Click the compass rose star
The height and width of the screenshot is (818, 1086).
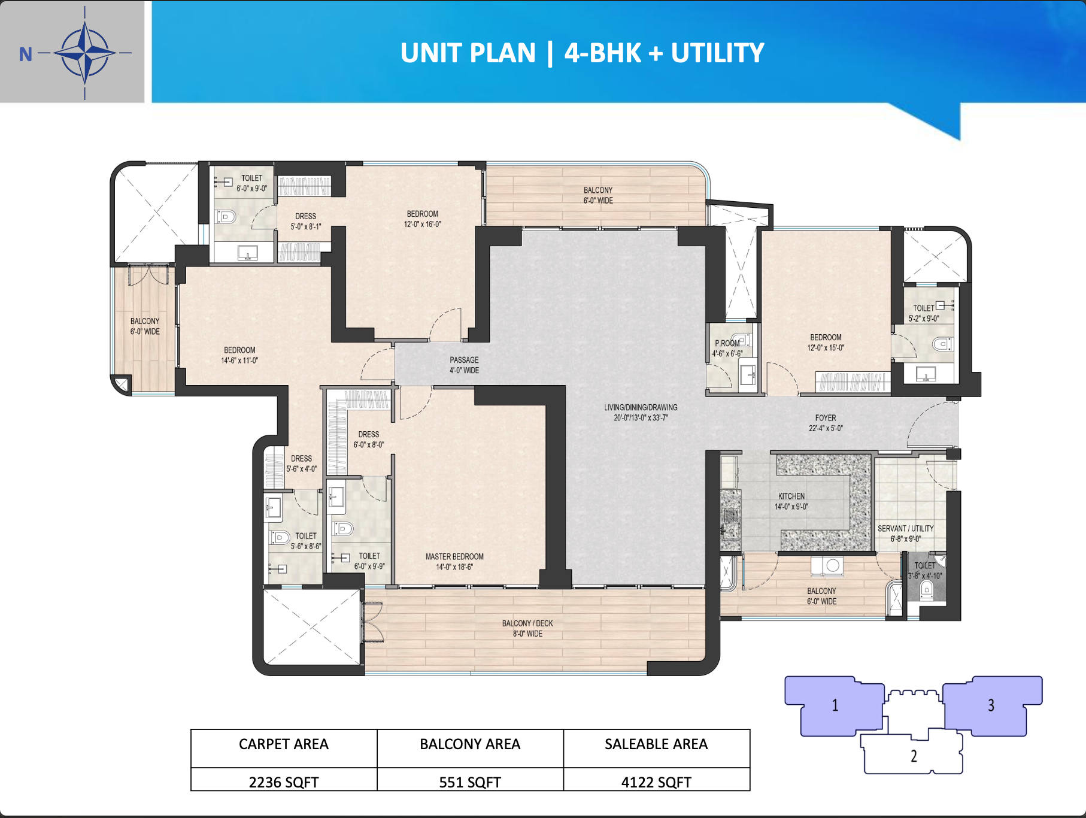point(85,53)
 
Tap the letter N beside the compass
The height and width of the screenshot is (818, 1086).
point(25,54)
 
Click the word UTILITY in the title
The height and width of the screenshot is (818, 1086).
point(717,53)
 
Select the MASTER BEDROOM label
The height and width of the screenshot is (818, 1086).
point(454,556)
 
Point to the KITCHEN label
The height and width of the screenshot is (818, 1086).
point(791,496)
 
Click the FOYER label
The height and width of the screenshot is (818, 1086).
point(826,418)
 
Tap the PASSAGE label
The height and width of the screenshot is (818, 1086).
point(464,360)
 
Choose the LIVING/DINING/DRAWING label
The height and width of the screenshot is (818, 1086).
point(641,407)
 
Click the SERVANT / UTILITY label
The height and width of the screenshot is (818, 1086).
point(906,528)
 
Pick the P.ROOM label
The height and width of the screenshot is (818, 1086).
point(727,343)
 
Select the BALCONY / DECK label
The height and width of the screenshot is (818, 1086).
point(527,623)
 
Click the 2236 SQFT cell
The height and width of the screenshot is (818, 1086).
point(284,782)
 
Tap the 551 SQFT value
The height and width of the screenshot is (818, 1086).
point(470,782)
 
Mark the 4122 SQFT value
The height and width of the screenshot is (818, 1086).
point(656,782)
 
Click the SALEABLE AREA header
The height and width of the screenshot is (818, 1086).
point(656,744)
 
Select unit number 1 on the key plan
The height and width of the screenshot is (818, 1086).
point(835,705)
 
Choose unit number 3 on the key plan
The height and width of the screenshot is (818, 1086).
point(991,705)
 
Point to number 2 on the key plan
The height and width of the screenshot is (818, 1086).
point(914,756)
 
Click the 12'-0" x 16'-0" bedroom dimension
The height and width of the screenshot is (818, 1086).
point(423,225)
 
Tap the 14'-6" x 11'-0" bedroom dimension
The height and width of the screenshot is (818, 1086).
point(239,360)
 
